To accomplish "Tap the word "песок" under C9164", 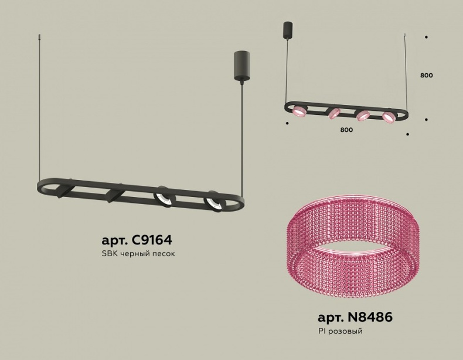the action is coord(164,254).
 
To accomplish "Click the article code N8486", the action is coord(370,317).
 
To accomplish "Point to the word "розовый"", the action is coord(345,331).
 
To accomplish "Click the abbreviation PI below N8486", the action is coord(322,331).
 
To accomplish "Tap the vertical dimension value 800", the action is coord(427,75).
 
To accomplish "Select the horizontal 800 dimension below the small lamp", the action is coord(346,130).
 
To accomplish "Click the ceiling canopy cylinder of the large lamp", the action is coord(242,65).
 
